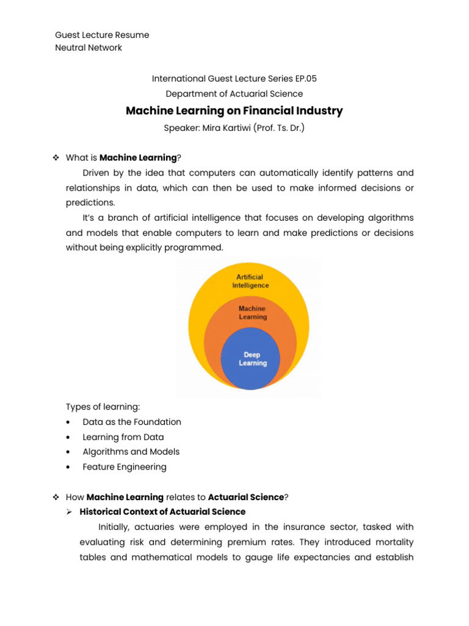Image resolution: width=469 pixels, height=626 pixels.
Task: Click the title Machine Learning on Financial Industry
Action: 234,111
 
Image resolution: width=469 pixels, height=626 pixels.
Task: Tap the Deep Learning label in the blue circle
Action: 252,359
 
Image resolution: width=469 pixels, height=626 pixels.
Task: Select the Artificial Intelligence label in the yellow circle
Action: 250,281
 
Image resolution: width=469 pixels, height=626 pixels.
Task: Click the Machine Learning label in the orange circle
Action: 252,313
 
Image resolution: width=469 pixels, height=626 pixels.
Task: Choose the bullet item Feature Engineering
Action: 125,467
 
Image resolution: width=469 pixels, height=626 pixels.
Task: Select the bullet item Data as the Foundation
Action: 132,422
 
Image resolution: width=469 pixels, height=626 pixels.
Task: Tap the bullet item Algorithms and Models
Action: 131,452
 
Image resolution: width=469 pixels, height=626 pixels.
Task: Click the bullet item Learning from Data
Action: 123,437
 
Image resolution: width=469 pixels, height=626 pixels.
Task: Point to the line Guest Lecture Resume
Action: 102,35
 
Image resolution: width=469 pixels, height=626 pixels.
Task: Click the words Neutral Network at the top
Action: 89,48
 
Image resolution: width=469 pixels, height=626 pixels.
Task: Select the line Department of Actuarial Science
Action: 234,94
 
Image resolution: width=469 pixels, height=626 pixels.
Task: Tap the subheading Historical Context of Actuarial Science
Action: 162,512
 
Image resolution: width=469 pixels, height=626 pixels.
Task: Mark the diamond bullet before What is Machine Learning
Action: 56,158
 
